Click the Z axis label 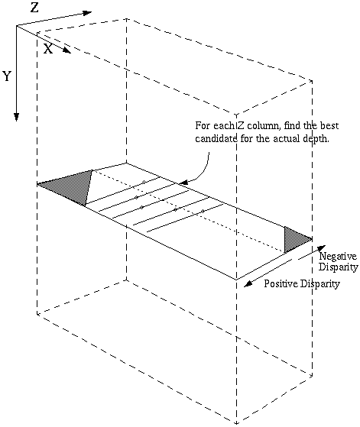34,8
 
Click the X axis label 48,49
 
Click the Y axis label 7,76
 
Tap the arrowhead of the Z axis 87,13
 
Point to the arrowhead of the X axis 66,50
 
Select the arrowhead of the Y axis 17,117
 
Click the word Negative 338,256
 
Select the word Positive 281,283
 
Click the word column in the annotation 263,125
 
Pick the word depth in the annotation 316,138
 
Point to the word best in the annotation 329,125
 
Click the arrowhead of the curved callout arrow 184,183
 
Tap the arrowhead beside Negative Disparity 322,248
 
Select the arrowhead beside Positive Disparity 248,284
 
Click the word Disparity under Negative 339,267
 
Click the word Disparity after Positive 320,284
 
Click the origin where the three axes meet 17,26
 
